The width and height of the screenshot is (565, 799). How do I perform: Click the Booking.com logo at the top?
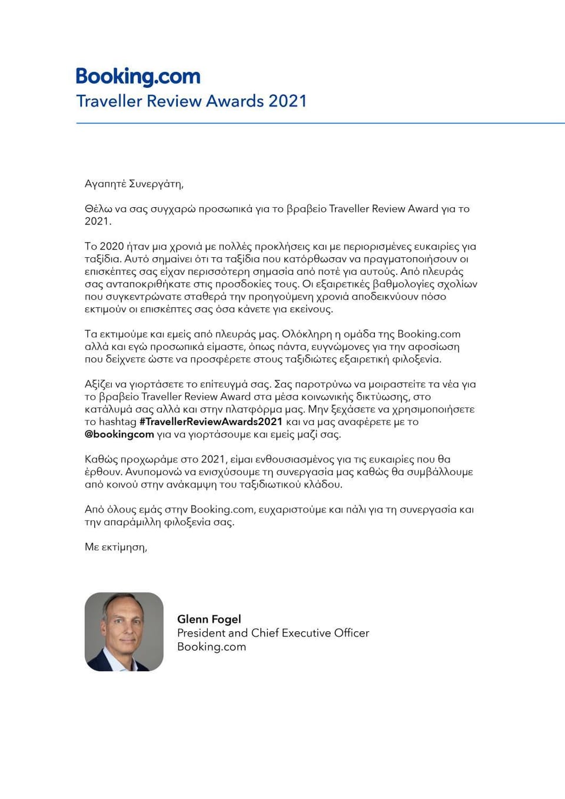pos(138,77)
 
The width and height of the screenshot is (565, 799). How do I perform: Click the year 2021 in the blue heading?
pos(287,101)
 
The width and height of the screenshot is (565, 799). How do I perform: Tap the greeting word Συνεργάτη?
pos(155,184)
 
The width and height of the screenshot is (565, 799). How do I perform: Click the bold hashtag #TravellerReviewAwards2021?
pos(211,422)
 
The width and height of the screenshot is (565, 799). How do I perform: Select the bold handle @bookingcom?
pos(119,435)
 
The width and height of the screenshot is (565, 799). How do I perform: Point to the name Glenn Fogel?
pos(209,619)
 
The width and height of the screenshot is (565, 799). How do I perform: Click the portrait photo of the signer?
pos(124,632)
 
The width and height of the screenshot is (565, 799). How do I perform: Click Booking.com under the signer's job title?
pos(211,647)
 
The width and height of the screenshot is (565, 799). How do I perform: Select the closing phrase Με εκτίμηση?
pos(115,547)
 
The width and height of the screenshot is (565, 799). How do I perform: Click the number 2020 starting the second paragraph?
pos(112,246)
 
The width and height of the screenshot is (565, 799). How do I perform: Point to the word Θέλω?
pos(98,208)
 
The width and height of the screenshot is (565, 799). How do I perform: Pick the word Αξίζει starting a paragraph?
pos(100,384)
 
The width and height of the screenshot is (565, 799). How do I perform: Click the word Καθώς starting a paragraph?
pos(101,459)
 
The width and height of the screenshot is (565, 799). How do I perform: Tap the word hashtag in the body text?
pos(118,422)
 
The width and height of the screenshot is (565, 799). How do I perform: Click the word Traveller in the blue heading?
pos(109,101)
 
